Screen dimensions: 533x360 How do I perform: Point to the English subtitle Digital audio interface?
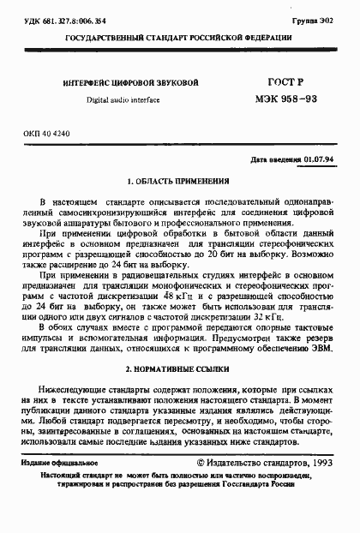pos(123,100)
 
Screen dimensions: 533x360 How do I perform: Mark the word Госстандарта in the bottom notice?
pos(266,483)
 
